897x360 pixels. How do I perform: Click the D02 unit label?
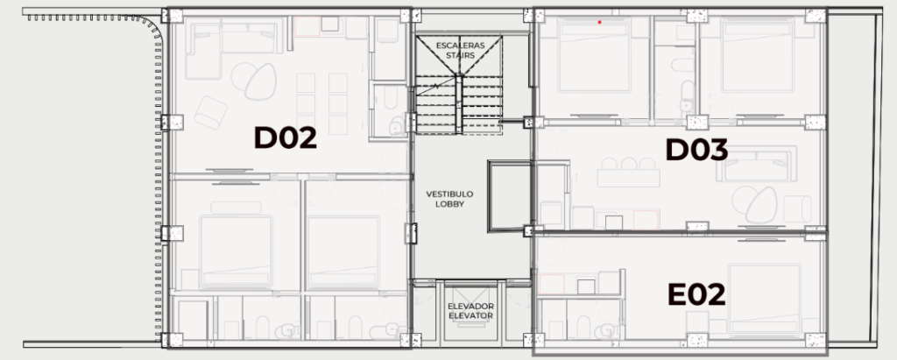[x=285, y=138]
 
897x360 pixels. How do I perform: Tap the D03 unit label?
[x=696, y=150]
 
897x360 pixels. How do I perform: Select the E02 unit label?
[x=696, y=295]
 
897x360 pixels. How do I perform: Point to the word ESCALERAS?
[x=460, y=46]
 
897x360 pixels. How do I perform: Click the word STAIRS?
[x=460, y=55]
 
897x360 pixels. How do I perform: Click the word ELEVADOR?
[x=470, y=307]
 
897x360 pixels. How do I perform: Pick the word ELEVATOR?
[x=470, y=315]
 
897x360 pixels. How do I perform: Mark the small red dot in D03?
[x=599, y=22]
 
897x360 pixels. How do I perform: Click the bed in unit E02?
[x=764, y=299]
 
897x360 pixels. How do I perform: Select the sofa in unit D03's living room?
[x=756, y=165]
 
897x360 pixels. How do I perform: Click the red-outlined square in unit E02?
[x=552, y=285]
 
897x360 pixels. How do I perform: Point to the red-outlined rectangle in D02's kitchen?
[x=307, y=27]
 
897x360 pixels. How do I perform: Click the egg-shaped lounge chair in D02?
[x=260, y=81]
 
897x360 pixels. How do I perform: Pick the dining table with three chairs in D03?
[x=628, y=173]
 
